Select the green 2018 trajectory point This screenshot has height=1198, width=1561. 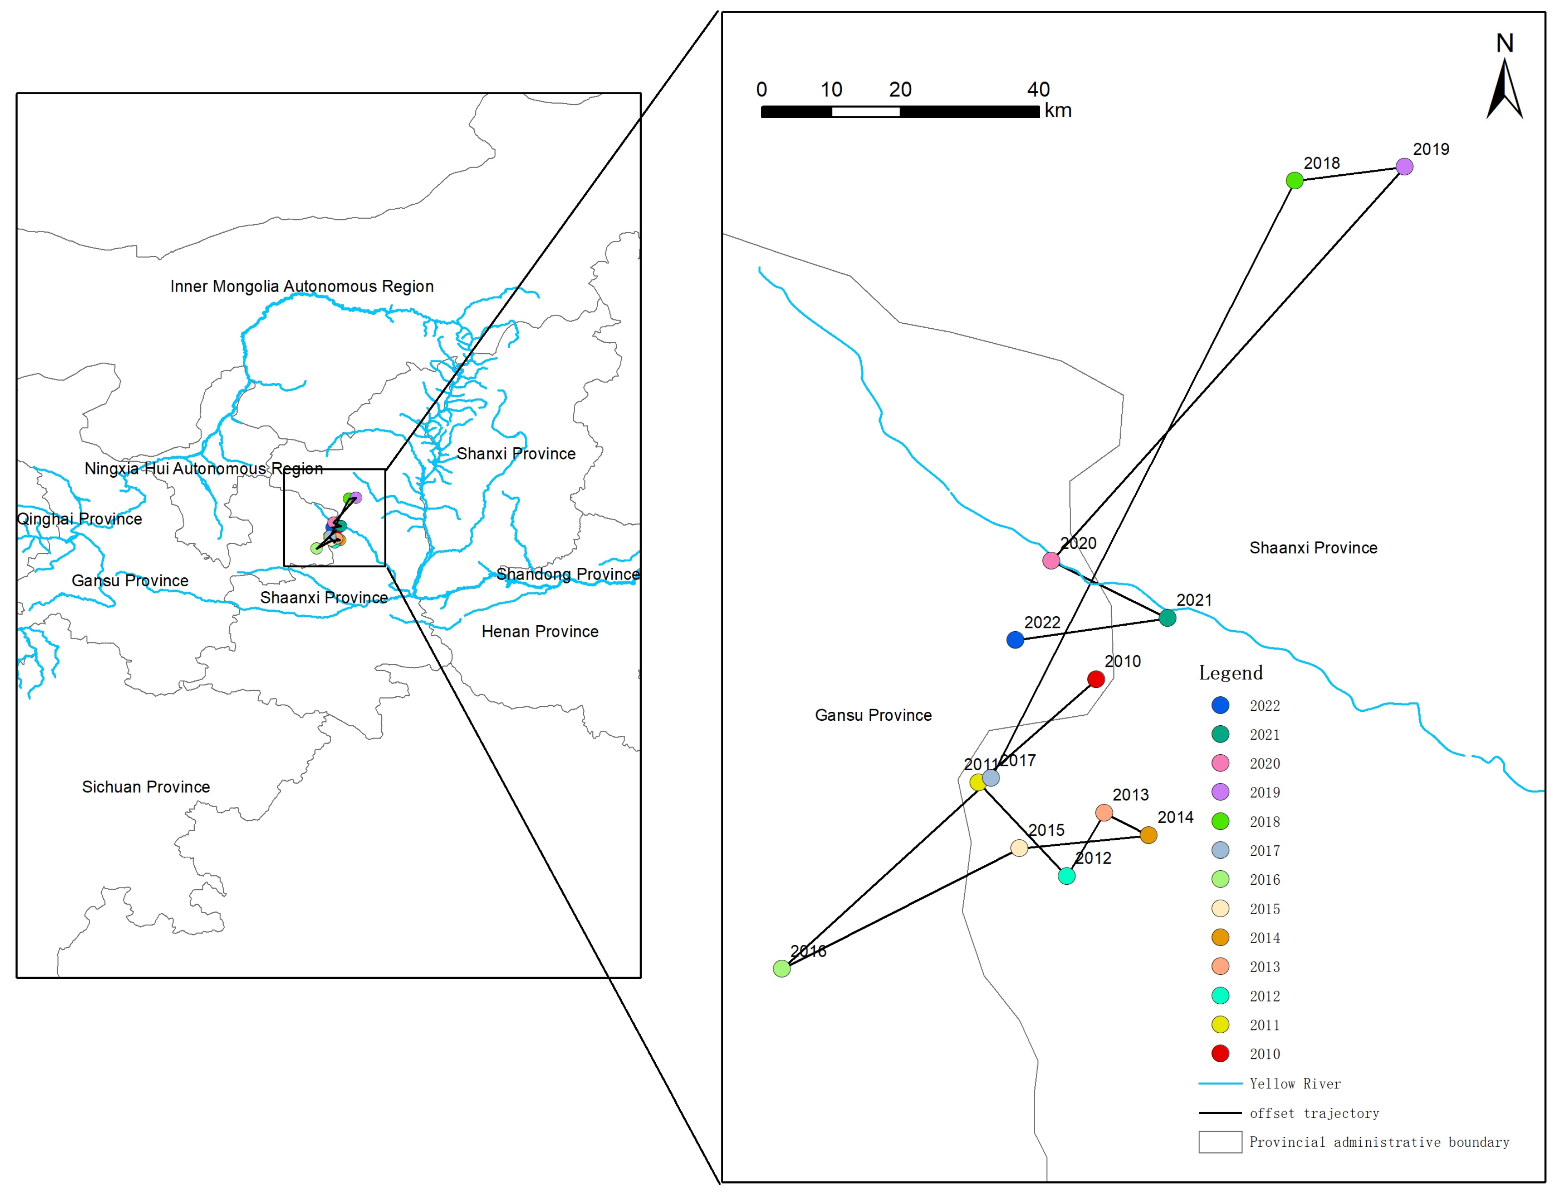click(x=1294, y=180)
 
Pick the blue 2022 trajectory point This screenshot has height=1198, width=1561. click(x=1015, y=640)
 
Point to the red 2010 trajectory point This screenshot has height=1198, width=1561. click(x=1096, y=679)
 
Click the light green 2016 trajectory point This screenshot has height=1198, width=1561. click(x=782, y=968)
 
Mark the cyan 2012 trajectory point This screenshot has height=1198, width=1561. click(x=1066, y=876)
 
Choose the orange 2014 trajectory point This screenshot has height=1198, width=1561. click(x=1148, y=835)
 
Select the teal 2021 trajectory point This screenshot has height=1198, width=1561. click(x=1167, y=618)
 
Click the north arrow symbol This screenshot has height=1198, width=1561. click(x=1505, y=89)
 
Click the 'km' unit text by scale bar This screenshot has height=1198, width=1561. click(x=1057, y=110)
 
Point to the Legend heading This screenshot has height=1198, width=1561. click(x=1231, y=672)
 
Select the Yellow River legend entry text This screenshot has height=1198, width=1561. click(x=1295, y=1084)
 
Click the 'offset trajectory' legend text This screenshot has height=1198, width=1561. click(x=1314, y=1113)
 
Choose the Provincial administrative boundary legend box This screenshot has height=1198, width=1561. click(x=1220, y=1142)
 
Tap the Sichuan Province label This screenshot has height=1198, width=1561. click(x=146, y=786)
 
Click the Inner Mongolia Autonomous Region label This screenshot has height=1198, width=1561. click(x=302, y=286)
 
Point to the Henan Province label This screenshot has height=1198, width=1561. click(x=540, y=631)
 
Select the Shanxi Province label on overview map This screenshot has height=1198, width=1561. click(x=516, y=454)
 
